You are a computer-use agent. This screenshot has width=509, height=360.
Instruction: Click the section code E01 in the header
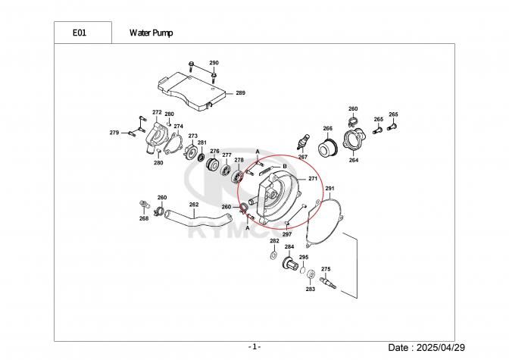(79, 33)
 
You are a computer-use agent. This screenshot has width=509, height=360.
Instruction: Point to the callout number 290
(214, 62)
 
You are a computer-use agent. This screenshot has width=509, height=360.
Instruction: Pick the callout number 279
(114, 133)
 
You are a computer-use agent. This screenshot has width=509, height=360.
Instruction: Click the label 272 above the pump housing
(157, 112)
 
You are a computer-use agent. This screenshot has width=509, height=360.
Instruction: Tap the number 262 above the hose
(194, 204)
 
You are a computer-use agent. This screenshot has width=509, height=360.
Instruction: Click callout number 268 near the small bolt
(144, 218)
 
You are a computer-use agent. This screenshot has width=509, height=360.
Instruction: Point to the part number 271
(312, 178)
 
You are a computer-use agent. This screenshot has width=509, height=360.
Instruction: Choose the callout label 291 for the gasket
(329, 187)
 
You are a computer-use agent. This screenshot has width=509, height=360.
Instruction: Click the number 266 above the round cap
(328, 128)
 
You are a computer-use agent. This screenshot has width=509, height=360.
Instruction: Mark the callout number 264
(354, 160)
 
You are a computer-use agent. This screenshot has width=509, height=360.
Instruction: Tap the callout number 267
(302, 157)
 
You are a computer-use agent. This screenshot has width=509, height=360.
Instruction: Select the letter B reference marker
(284, 165)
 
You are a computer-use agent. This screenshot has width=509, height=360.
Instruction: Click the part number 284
(289, 247)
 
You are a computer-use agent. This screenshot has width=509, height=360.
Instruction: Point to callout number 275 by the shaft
(326, 269)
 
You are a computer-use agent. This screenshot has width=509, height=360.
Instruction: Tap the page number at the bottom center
(254, 346)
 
